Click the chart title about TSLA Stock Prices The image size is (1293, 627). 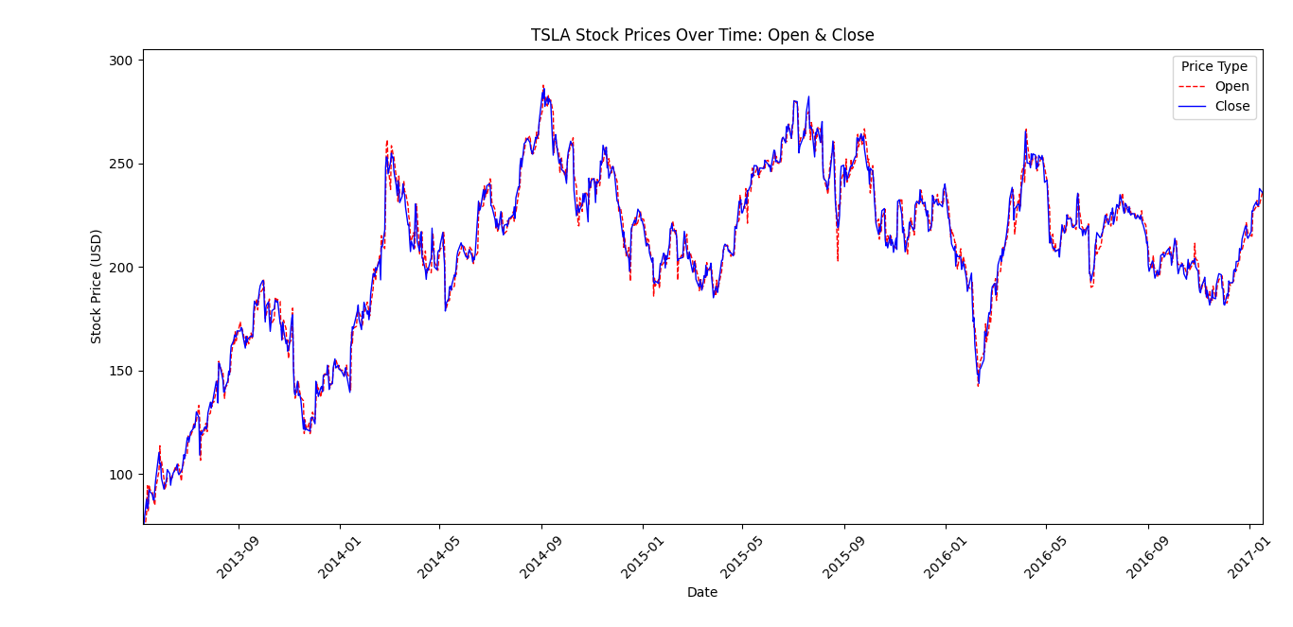coord(701,35)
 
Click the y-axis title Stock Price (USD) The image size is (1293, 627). coord(97,286)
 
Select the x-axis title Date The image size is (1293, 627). coord(701,592)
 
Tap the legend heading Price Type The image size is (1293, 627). coord(1214,66)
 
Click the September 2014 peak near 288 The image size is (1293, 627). coord(543,85)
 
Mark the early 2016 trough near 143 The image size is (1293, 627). coord(978,385)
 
